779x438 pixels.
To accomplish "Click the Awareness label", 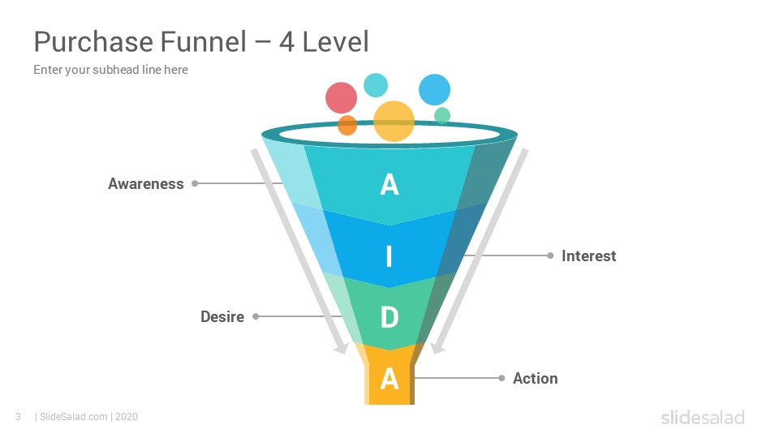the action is [x=146, y=184].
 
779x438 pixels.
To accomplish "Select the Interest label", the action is [x=589, y=255].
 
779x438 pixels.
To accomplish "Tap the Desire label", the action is [x=222, y=317].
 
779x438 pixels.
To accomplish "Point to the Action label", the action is [x=535, y=379].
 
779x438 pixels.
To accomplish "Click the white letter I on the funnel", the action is [x=389, y=256].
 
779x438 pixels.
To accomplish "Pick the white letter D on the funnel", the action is [x=389, y=317].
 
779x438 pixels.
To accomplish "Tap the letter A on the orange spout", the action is [x=389, y=379].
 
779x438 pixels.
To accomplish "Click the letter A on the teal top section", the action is [x=389, y=185].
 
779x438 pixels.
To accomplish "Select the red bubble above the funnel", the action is [x=342, y=98].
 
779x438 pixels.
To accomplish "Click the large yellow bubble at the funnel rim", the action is [x=394, y=121].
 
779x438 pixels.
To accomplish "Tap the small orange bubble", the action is [x=347, y=125].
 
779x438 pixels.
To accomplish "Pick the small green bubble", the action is [x=442, y=116].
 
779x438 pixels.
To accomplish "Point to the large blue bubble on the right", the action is [x=435, y=89].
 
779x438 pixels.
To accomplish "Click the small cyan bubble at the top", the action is [x=376, y=85].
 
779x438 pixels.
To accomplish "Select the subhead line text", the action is [x=111, y=70].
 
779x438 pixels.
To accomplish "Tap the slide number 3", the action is [x=19, y=417].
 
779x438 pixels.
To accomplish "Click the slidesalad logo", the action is [x=703, y=418].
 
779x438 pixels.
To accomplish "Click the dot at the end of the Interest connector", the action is [x=550, y=255].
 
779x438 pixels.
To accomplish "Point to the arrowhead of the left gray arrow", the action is [x=342, y=349].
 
